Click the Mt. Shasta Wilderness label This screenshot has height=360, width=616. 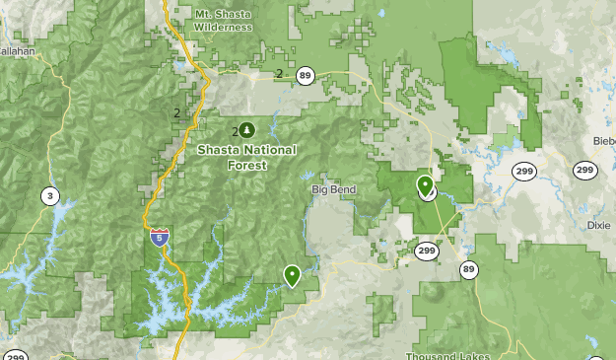point(222,21)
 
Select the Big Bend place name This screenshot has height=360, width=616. point(332,188)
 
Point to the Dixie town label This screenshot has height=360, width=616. point(597,225)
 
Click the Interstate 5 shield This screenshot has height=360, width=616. point(159,237)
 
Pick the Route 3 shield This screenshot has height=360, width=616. point(49,196)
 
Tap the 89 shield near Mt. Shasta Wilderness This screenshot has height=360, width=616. point(306,75)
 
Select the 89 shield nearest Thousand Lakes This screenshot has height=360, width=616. point(467,269)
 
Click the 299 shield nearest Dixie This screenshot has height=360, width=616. point(584,171)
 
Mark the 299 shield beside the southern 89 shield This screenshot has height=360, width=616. point(426,252)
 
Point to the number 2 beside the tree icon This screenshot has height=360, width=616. point(235,131)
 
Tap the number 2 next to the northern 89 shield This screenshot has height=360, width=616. point(280,74)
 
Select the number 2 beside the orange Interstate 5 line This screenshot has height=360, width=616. point(176,112)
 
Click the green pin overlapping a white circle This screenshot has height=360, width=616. point(425,185)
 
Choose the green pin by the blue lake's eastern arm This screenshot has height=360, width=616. point(292,275)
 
